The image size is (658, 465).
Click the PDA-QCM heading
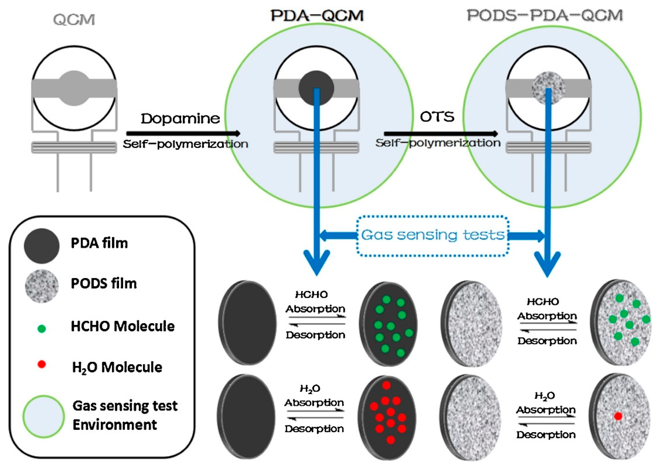pos(317,16)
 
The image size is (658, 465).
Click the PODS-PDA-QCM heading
pos(545,16)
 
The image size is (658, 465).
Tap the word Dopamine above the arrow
pos(180,118)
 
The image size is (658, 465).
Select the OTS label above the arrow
pos(437,117)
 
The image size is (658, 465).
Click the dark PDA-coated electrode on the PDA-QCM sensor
pos(309,83)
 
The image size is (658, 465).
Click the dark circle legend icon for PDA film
pos(42,246)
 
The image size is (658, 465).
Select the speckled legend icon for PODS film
pos(42,286)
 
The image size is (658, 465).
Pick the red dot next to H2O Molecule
pos(42,364)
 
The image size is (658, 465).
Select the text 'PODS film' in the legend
pos(104,284)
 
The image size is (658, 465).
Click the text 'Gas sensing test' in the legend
pos(125,406)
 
